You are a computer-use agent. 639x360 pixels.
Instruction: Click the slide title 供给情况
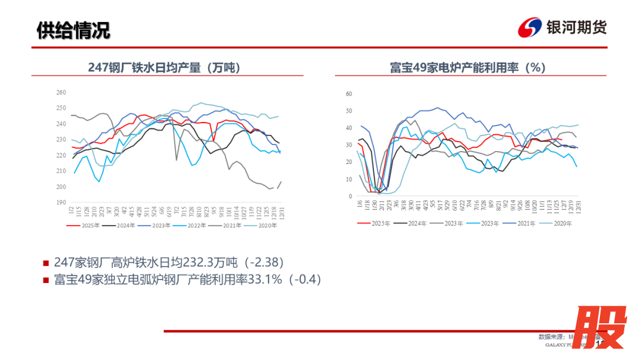tap(73, 30)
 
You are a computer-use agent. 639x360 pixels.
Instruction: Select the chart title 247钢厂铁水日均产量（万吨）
tap(167, 67)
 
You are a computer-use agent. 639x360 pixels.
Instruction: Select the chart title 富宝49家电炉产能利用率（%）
tap(467, 67)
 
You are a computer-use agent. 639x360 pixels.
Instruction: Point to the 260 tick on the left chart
tap(60, 92)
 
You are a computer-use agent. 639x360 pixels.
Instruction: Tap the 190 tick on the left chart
tap(60, 202)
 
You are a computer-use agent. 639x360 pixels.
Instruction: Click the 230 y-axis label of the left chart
tap(60, 140)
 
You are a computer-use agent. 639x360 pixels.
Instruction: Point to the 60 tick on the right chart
tap(348, 94)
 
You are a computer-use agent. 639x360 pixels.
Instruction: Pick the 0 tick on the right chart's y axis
tap(350, 196)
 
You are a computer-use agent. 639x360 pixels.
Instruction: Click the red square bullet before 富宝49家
tap(46, 280)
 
